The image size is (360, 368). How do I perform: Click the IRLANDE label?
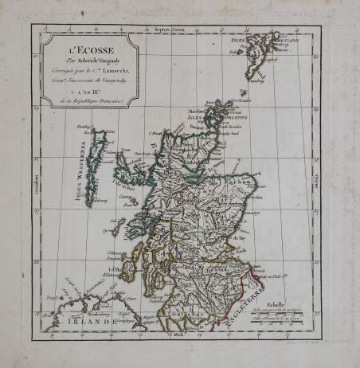[x=87, y=322]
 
